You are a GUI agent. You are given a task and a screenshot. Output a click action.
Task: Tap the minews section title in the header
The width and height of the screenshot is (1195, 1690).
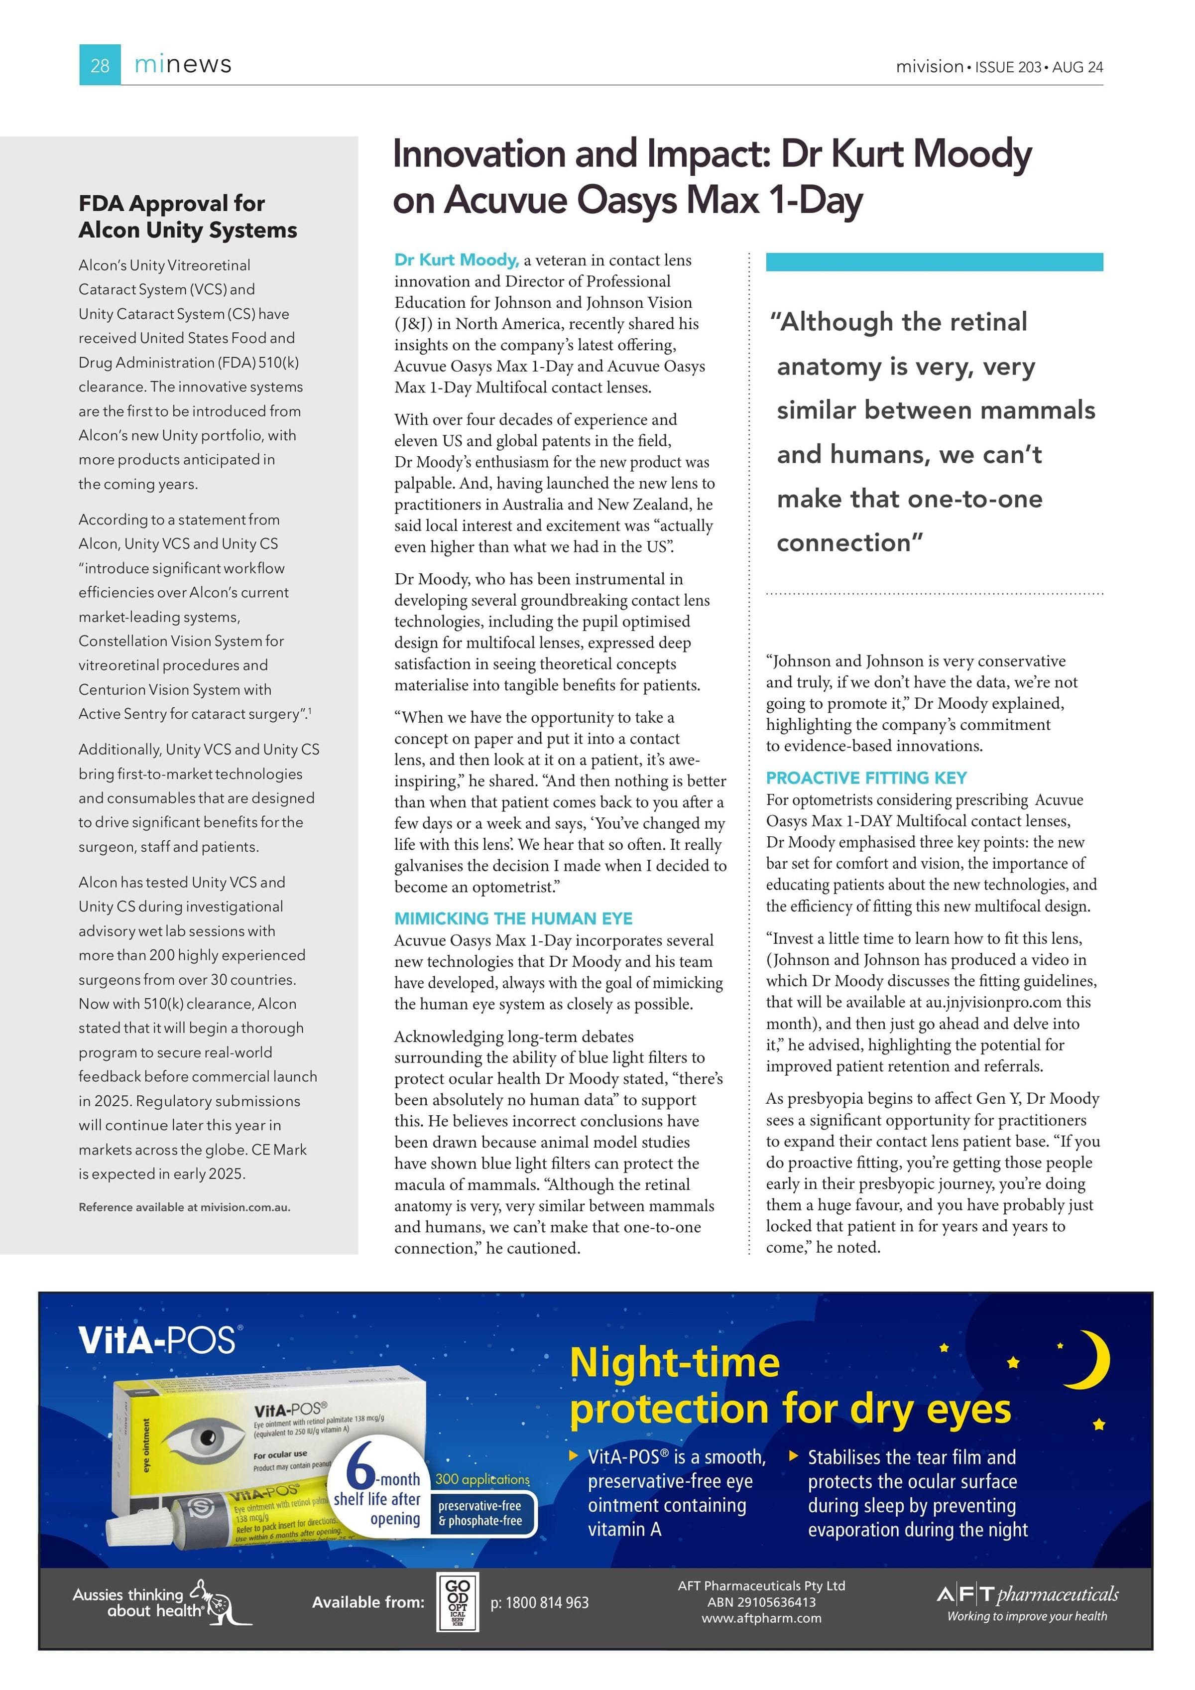tap(183, 65)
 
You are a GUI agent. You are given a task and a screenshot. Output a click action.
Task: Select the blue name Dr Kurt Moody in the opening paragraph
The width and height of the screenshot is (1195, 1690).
tap(456, 260)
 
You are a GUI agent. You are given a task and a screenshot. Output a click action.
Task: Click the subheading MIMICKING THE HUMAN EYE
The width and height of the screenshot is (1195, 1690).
tap(513, 918)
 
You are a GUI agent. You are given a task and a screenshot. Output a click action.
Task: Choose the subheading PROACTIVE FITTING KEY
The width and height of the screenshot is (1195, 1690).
tap(866, 778)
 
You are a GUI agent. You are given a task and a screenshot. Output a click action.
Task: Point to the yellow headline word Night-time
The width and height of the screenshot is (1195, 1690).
tap(674, 1363)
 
